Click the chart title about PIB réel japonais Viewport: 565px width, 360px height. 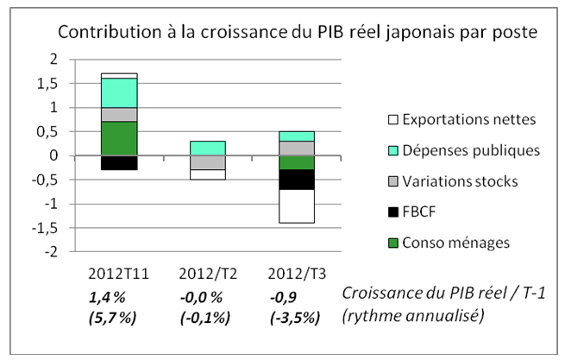click(298, 33)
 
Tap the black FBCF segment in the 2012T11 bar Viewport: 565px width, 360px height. click(119, 162)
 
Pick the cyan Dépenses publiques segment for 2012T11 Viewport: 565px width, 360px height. click(119, 92)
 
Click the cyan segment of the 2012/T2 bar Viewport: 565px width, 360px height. click(208, 148)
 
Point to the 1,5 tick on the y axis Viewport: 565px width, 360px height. click(55, 84)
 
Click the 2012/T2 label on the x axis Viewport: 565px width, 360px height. click(209, 273)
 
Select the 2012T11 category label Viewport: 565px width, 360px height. click(119, 273)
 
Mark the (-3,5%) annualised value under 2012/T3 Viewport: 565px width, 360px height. click(294, 316)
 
